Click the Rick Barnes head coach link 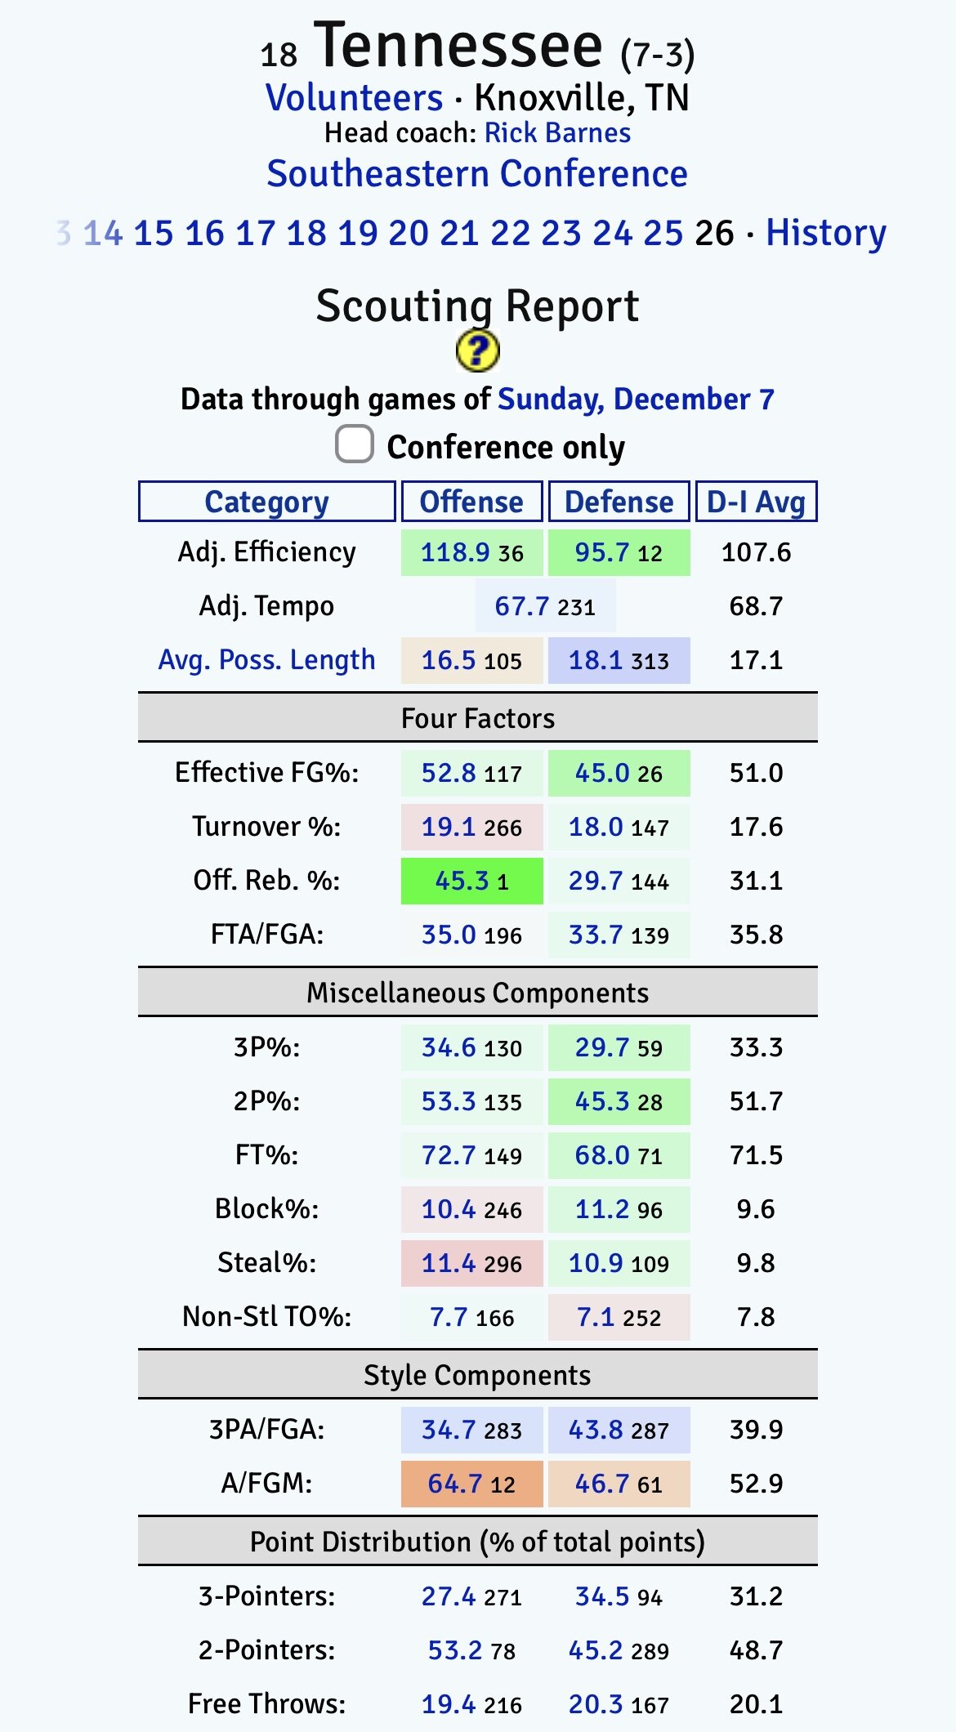[557, 133]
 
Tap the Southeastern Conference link [477, 174]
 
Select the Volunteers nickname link [354, 98]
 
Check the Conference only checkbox [355, 445]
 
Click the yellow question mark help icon [477, 351]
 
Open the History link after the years [825, 233]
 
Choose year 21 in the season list [459, 233]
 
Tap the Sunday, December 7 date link [636, 400]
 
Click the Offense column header [471, 502]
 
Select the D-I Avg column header [756, 502]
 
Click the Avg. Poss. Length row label [266, 660]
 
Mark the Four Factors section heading [477, 718]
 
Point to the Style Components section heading [477, 1375]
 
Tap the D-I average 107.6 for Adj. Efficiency [756, 552]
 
